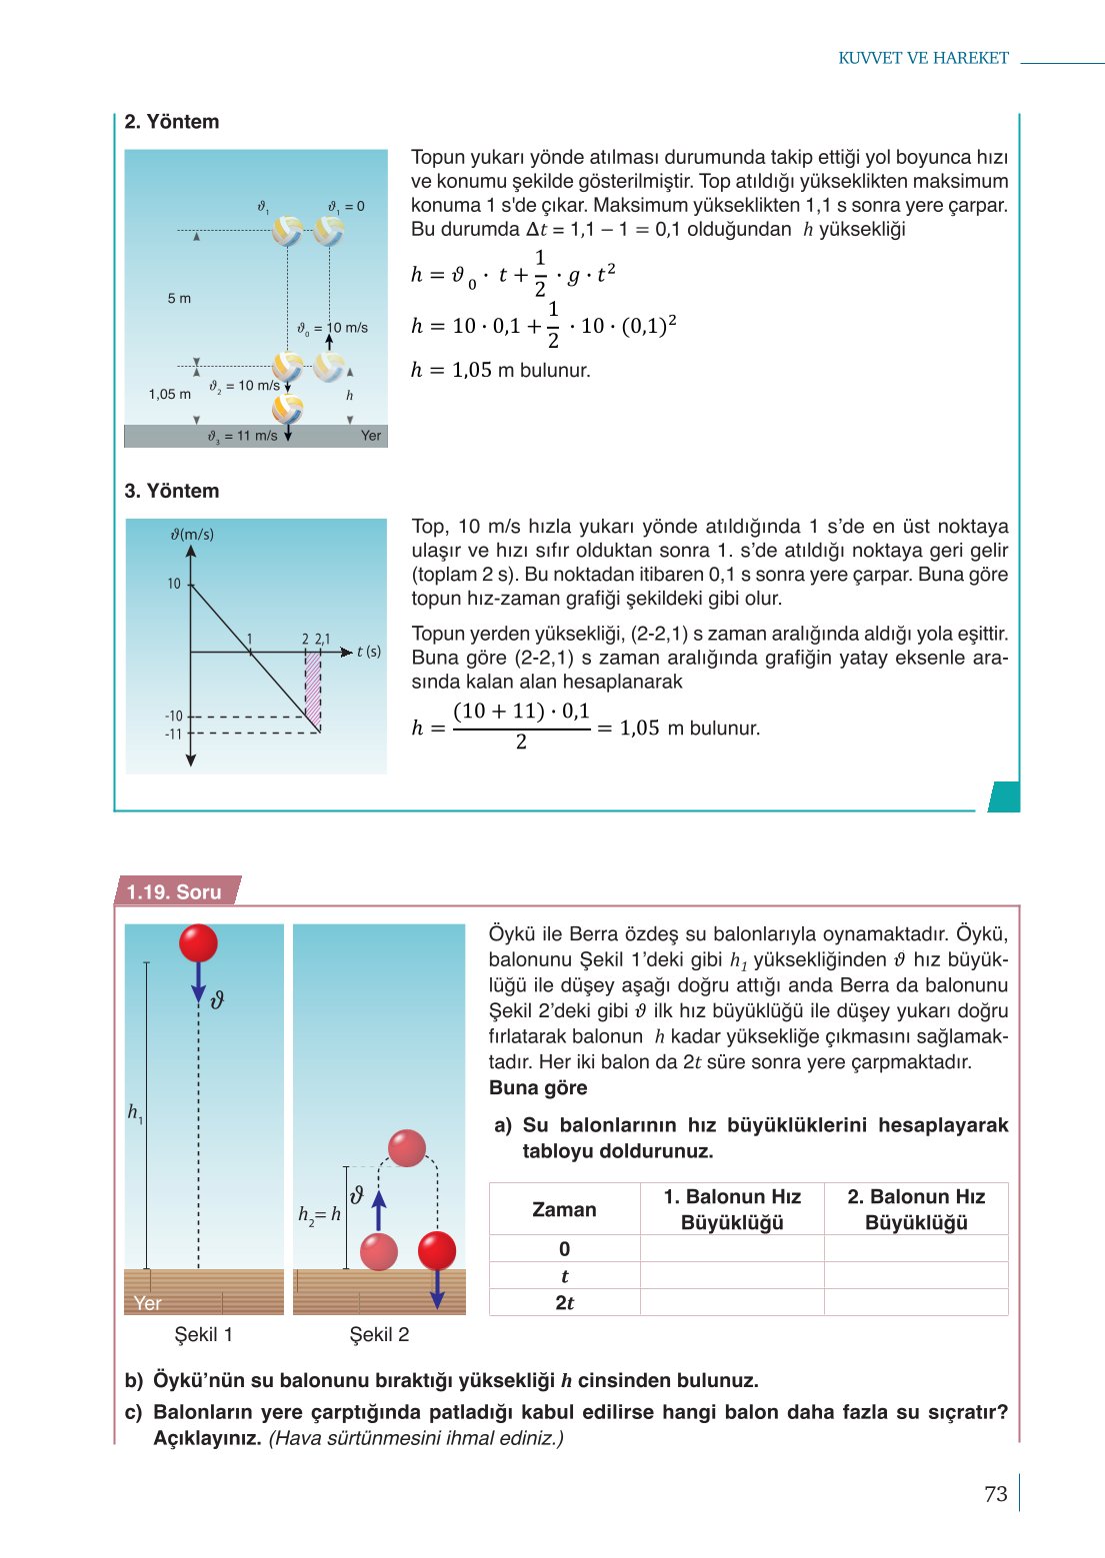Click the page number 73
(995, 1493)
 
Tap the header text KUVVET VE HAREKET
(923, 58)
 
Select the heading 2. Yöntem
(172, 122)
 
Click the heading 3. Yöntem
(172, 491)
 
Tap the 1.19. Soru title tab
(174, 891)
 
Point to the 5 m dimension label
(179, 298)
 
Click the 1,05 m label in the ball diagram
(169, 394)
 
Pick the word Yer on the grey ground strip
(371, 436)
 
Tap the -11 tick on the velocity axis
(174, 734)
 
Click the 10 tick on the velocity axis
(174, 584)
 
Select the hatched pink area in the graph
(313, 688)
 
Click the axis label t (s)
(369, 652)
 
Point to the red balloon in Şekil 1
(198, 943)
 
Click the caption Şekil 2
(379, 1334)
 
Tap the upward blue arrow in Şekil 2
(379, 1209)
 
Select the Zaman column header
(564, 1209)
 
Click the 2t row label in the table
(564, 1302)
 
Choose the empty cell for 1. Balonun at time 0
(732, 1248)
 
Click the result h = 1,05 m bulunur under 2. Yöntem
(500, 370)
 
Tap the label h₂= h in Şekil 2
(319, 1214)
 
